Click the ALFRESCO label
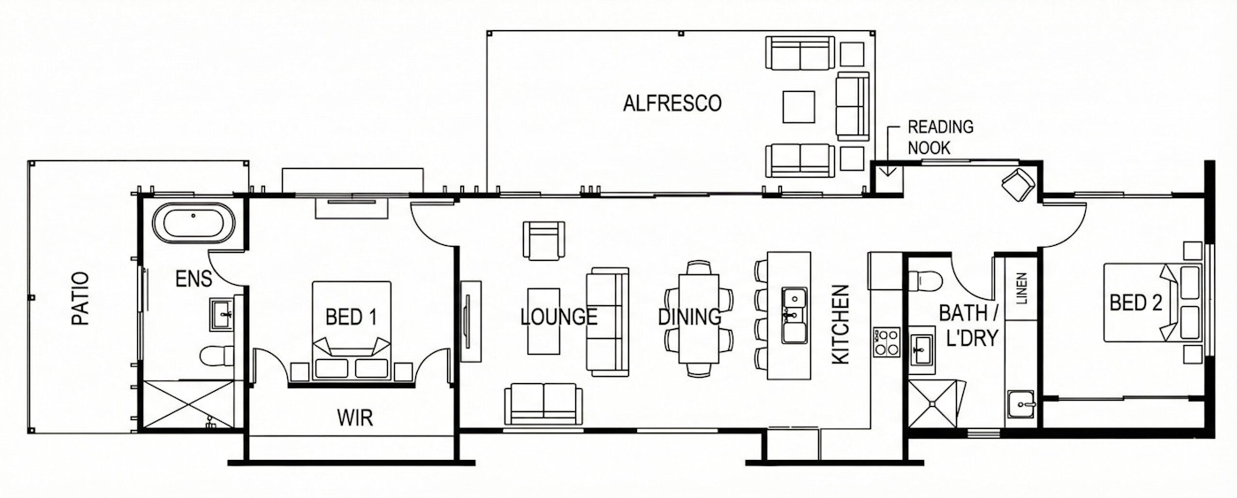pos(672,103)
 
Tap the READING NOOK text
pos(939,137)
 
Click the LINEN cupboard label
pos(1021,289)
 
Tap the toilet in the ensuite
pos(215,356)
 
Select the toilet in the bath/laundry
pos(925,280)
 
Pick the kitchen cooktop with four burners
pos(885,341)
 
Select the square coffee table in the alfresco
pos(800,107)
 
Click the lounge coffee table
pos(543,320)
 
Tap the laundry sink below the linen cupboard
pos(1022,407)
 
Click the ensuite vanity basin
pos(221,313)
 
